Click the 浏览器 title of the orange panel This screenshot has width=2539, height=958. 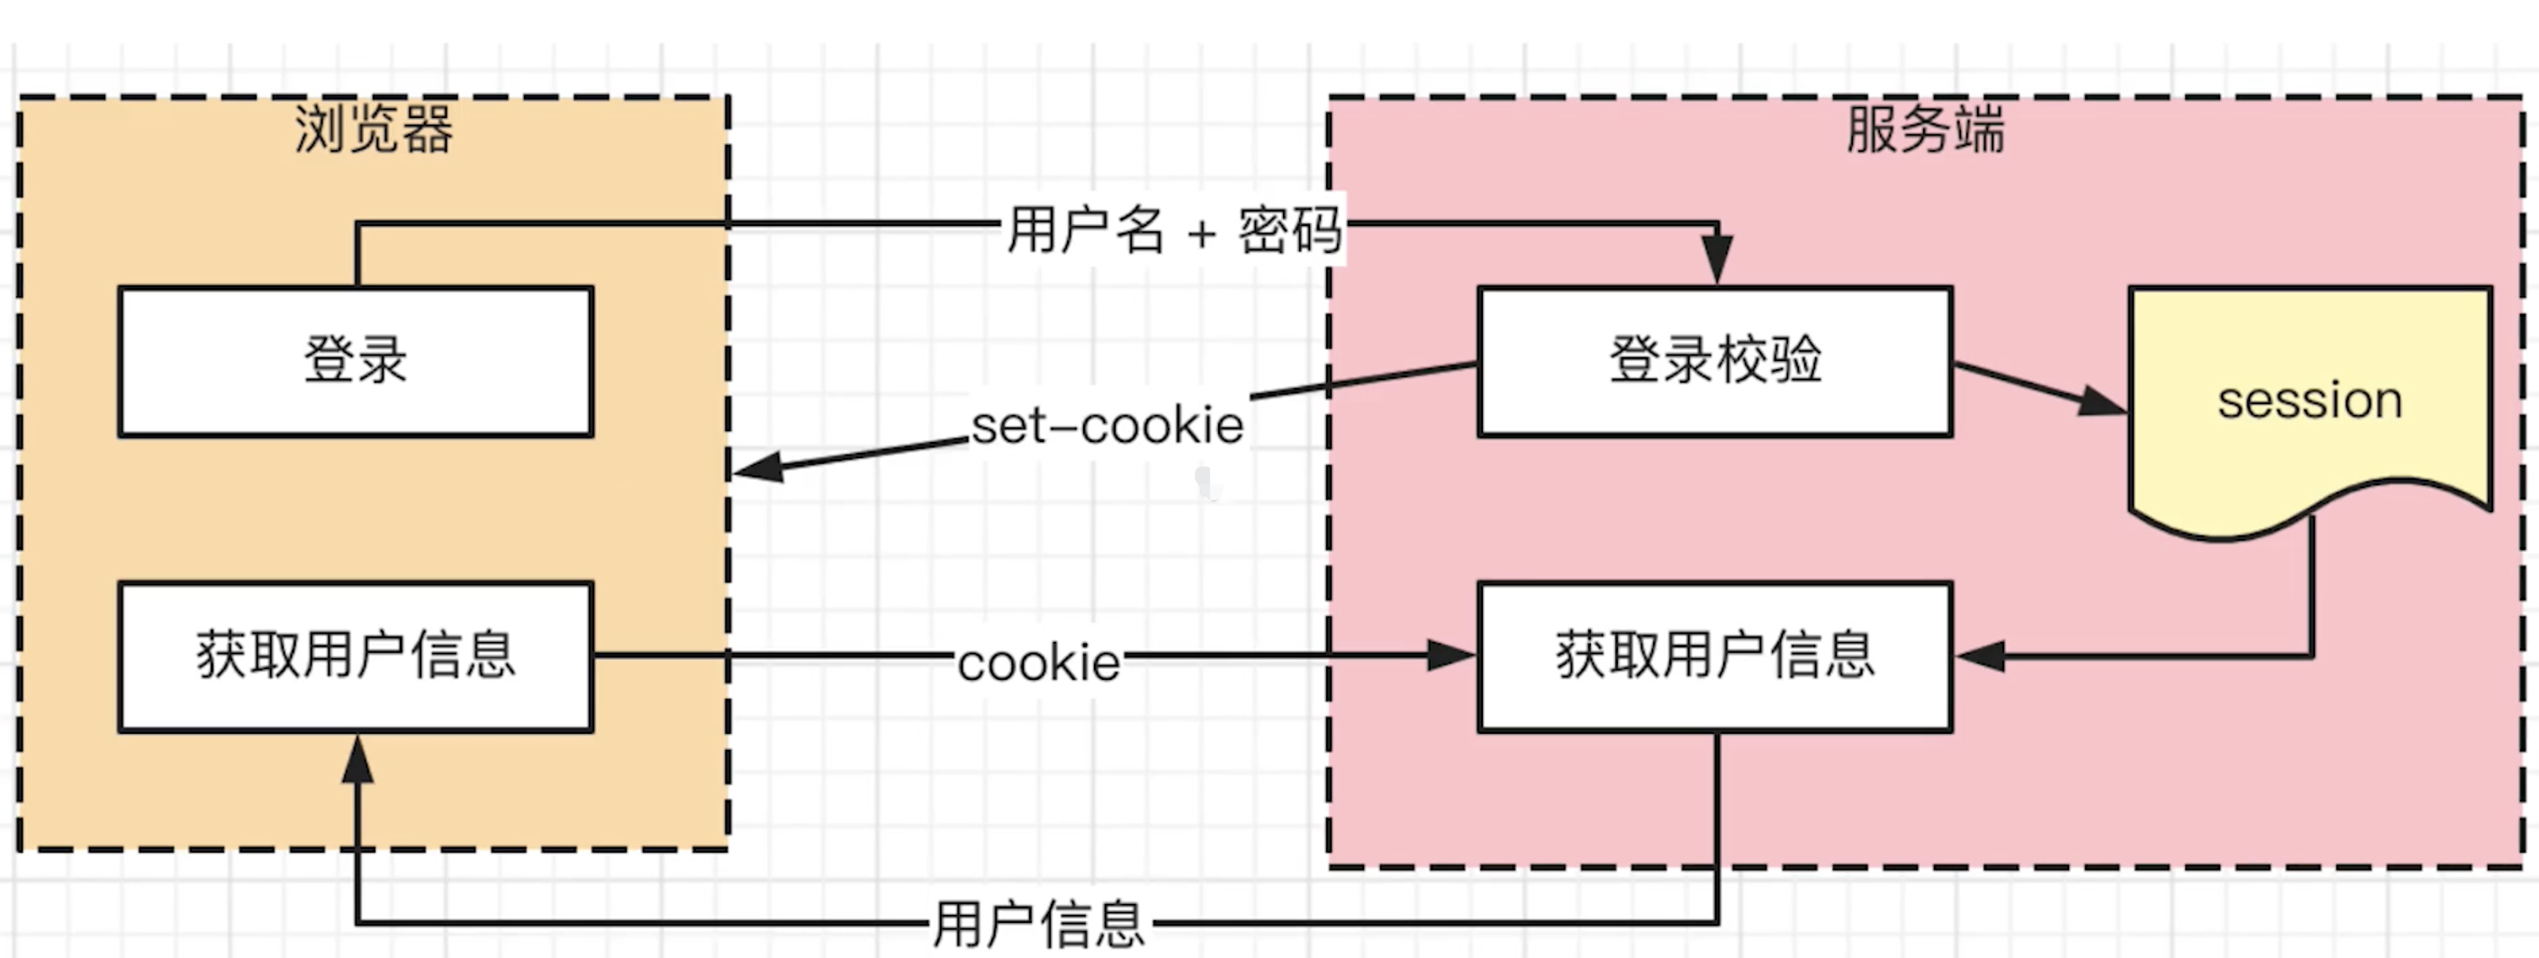coord(374,129)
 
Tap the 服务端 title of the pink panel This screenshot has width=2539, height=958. coord(1925,129)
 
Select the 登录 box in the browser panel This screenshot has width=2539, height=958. coord(355,361)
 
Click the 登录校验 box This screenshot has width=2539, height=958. coord(1715,361)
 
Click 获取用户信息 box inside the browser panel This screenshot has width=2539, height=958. coord(355,656)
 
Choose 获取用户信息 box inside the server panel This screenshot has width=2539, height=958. coord(1715,656)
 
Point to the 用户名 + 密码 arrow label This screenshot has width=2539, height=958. coord(1173,230)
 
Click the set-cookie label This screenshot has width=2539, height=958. coord(1107,426)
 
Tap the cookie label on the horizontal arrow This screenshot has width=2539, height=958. coord(1039,663)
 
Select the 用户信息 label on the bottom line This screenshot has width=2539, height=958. coord(1039,924)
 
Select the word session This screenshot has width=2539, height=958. coord(2309,400)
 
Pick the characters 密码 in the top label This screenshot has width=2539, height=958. coord(1289,230)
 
